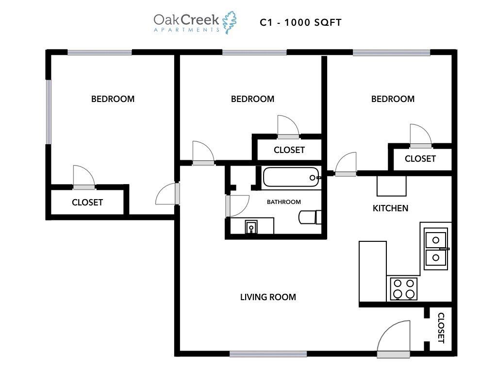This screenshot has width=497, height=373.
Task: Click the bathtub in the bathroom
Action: (x=292, y=178)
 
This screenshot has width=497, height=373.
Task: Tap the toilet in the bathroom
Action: (x=310, y=217)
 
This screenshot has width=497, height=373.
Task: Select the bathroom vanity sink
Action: (x=251, y=227)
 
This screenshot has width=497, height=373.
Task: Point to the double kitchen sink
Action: (x=436, y=249)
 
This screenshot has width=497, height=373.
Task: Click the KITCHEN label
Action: (x=390, y=208)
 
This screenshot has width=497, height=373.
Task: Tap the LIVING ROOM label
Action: (x=268, y=297)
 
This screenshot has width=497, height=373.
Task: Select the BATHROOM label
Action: (x=283, y=202)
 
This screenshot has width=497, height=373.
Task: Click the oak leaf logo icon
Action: (x=229, y=22)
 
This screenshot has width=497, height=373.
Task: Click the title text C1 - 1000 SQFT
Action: (x=300, y=22)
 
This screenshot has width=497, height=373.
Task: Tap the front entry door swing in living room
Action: (x=393, y=336)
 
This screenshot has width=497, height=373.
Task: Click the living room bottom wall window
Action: (x=268, y=354)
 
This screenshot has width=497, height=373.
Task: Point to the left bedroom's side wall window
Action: (x=49, y=112)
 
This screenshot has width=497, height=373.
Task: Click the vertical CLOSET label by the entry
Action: (x=441, y=328)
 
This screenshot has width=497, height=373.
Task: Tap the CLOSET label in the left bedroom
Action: (x=87, y=203)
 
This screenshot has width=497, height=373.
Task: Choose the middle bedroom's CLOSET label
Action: (x=289, y=150)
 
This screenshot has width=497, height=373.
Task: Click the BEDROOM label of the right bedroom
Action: (x=393, y=99)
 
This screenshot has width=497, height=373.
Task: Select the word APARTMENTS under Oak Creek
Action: (x=187, y=30)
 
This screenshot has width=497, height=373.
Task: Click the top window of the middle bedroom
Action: (x=254, y=52)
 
